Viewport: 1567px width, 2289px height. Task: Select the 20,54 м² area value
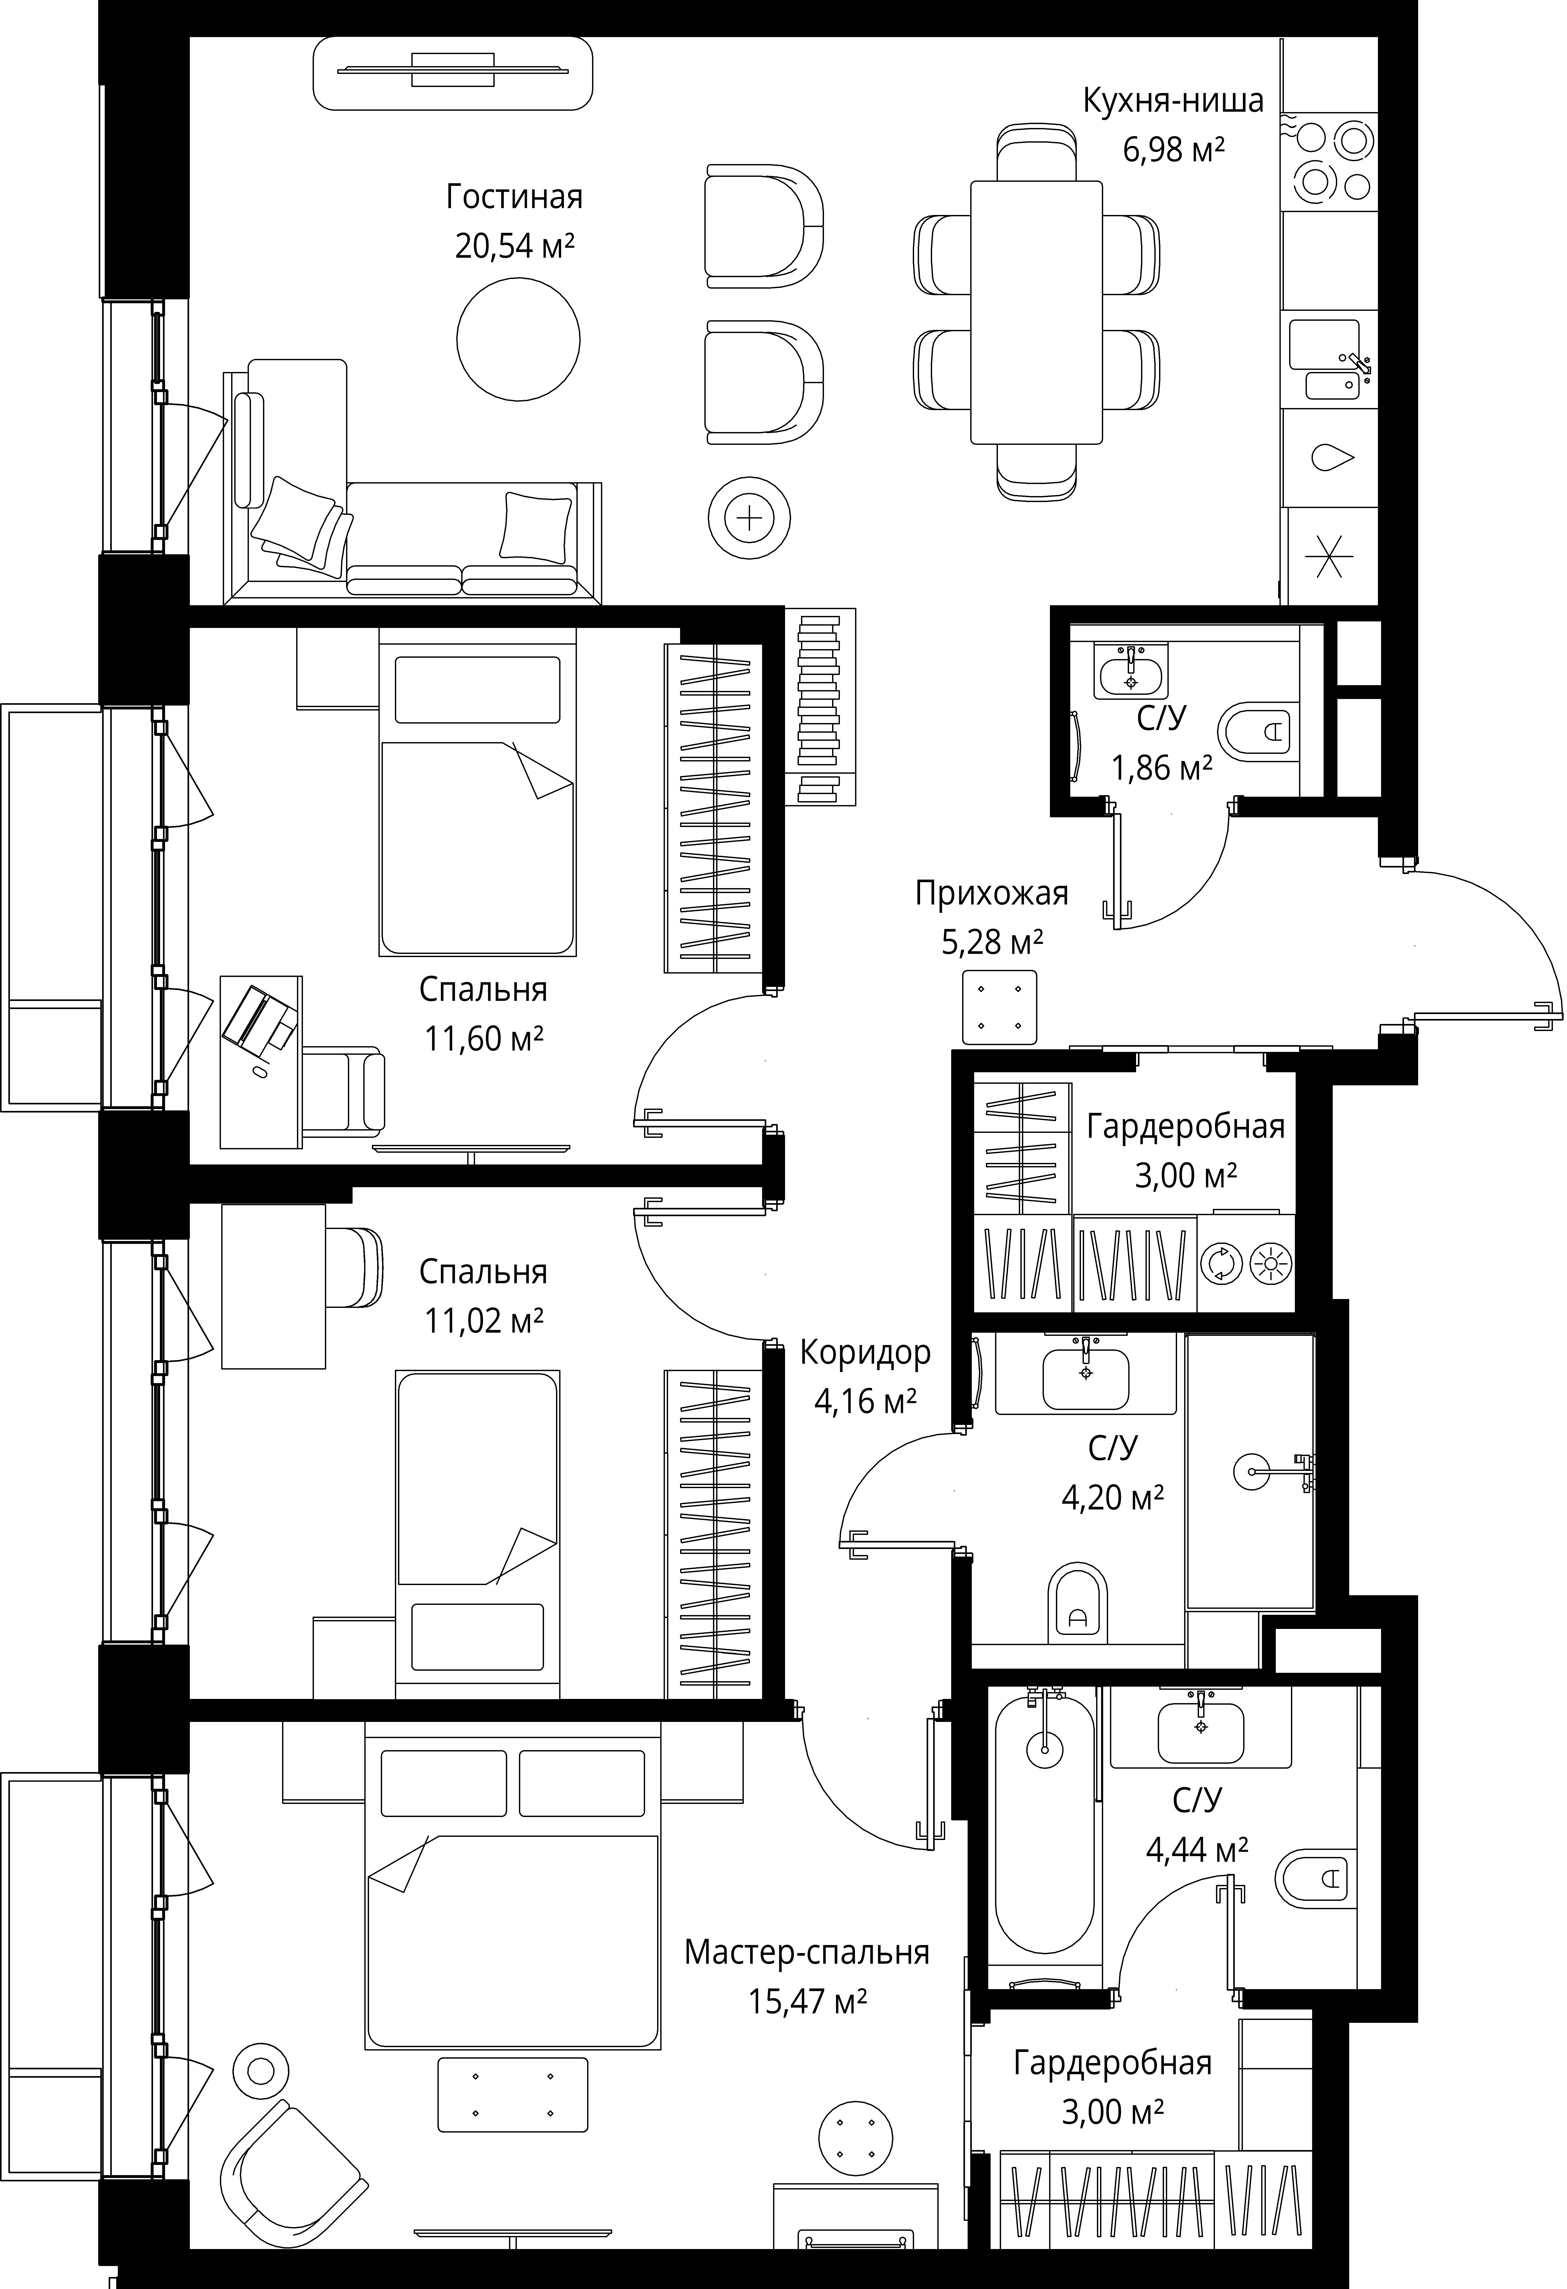click(514, 245)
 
